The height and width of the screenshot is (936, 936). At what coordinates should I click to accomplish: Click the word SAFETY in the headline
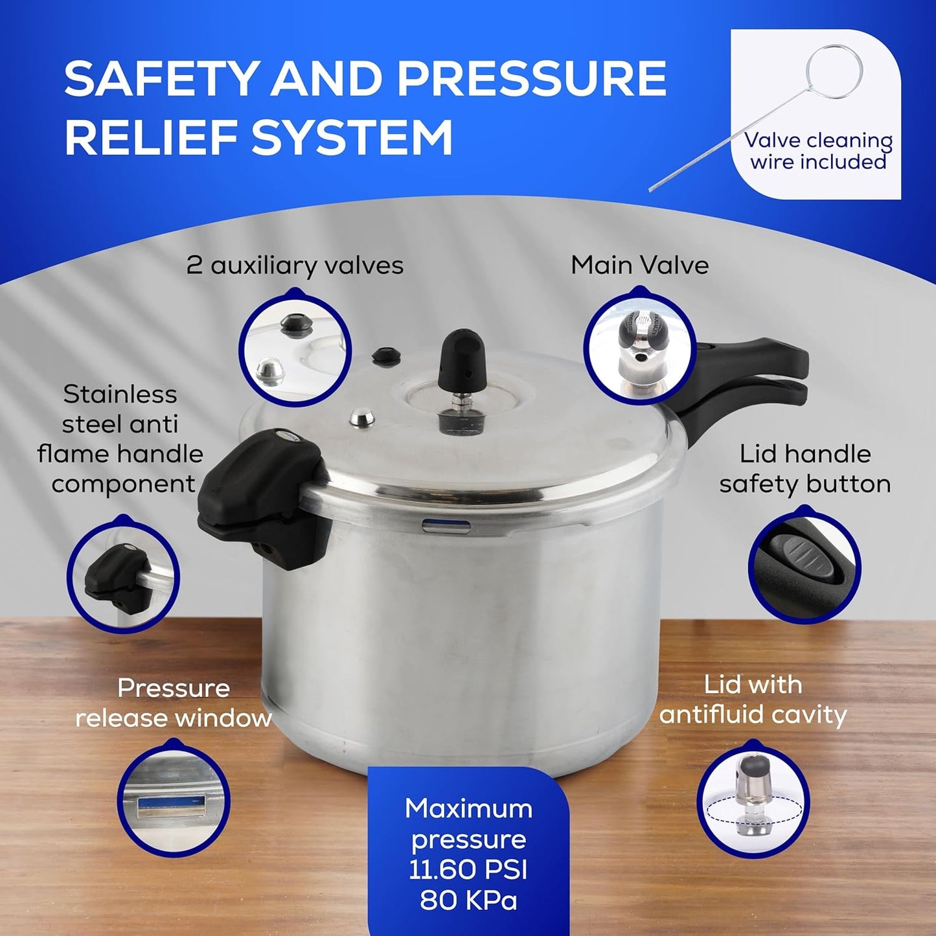[162, 79]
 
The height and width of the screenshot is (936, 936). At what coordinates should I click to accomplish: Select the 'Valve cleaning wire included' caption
[817, 151]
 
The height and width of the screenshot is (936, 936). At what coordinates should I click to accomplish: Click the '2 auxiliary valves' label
[295, 266]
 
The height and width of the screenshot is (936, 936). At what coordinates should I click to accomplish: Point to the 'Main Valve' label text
[639, 266]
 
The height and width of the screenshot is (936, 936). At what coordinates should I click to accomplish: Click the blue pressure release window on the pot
[446, 526]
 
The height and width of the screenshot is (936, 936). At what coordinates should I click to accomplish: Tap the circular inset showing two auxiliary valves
[295, 350]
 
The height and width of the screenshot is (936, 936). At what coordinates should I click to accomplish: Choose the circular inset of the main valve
[639, 350]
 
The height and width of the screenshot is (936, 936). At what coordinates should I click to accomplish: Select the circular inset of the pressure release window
[174, 801]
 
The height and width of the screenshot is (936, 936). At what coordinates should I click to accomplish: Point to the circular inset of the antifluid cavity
[753, 801]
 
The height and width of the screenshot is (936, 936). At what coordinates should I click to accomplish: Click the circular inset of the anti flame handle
[123, 575]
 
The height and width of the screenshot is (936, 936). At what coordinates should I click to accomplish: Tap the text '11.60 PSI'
[468, 869]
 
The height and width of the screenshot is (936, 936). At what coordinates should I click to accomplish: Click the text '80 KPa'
[468, 900]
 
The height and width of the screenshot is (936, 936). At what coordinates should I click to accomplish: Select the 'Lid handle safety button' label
[805, 469]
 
